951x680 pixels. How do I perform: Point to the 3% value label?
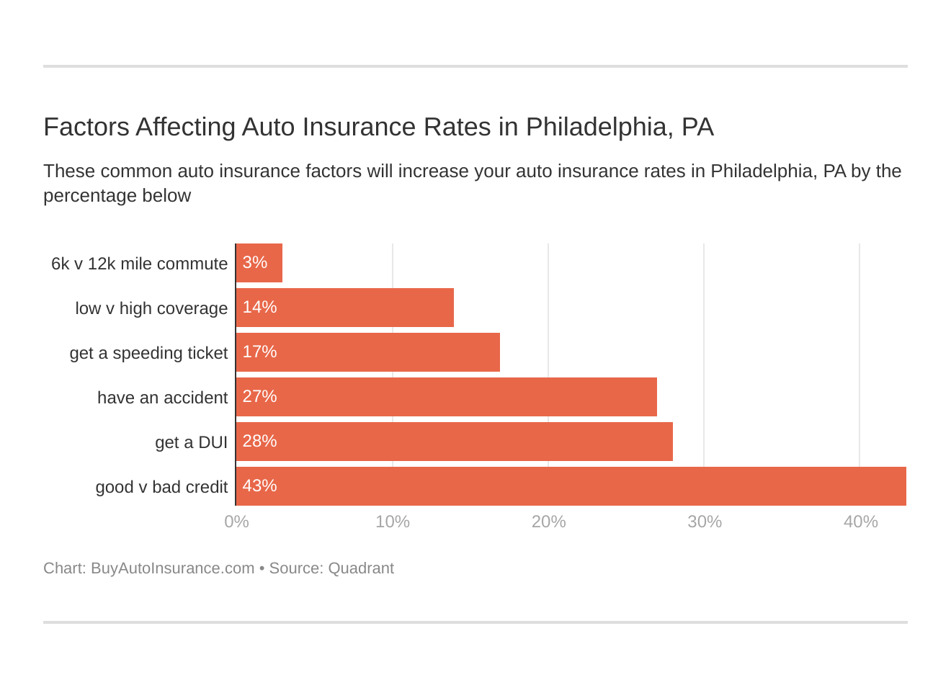(254, 262)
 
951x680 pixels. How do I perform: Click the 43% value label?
(259, 486)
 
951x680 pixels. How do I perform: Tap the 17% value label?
(259, 352)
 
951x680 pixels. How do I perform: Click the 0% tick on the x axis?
(236, 522)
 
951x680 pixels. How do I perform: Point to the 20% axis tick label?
(548, 522)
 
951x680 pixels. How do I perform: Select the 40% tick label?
(860, 522)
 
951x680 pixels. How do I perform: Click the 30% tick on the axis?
(704, 522)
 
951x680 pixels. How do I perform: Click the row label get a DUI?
(191, 442)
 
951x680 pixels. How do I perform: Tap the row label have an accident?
(162, 398)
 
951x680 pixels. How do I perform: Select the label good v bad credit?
(161, 487)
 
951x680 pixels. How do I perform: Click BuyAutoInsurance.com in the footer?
(172, 568)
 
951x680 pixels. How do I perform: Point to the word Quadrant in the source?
(360, 568)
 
